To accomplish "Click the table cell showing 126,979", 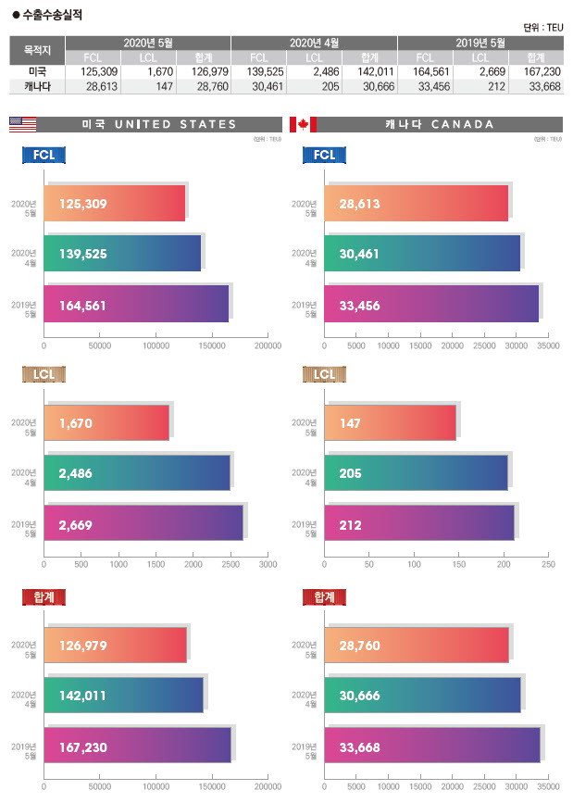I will click(x=203, y=71).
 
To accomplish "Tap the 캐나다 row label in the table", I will click(x=38, y=86).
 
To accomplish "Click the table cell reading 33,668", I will click(x=542, y=86).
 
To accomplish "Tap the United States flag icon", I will click(x=22, y=124).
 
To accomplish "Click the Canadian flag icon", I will click(x=303, y=124).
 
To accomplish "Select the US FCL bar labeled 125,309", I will click(x=115, y=204).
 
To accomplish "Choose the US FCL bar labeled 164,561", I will click(x=136, y=305).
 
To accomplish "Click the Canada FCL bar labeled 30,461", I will click(x=422, y=254).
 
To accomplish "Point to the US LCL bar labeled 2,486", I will click(x=137, y=473).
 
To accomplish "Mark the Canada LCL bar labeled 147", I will click(x=390, y=423).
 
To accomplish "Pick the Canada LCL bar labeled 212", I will click(x=418, y=524).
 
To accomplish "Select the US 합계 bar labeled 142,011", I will click(x=123, y=696).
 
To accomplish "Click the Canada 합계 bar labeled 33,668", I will click(x=431, y=746).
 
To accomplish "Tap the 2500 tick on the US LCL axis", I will click(x=230, y=563).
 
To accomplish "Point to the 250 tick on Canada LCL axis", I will click(x=548, y=563).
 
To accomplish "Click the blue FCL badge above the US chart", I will click(x=44, y=155).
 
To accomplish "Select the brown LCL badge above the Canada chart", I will click(x=324, y=374).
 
